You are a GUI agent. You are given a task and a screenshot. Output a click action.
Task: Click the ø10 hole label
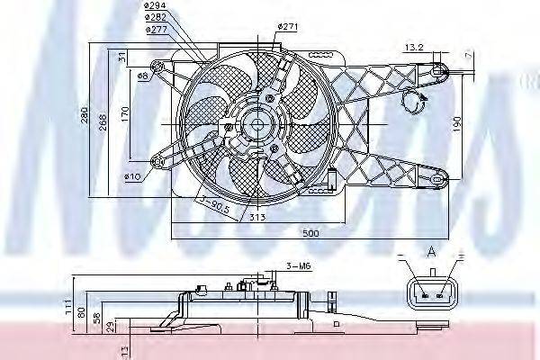tap(132, 176)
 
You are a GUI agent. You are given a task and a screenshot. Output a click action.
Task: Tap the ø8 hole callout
tap(143, 76)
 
